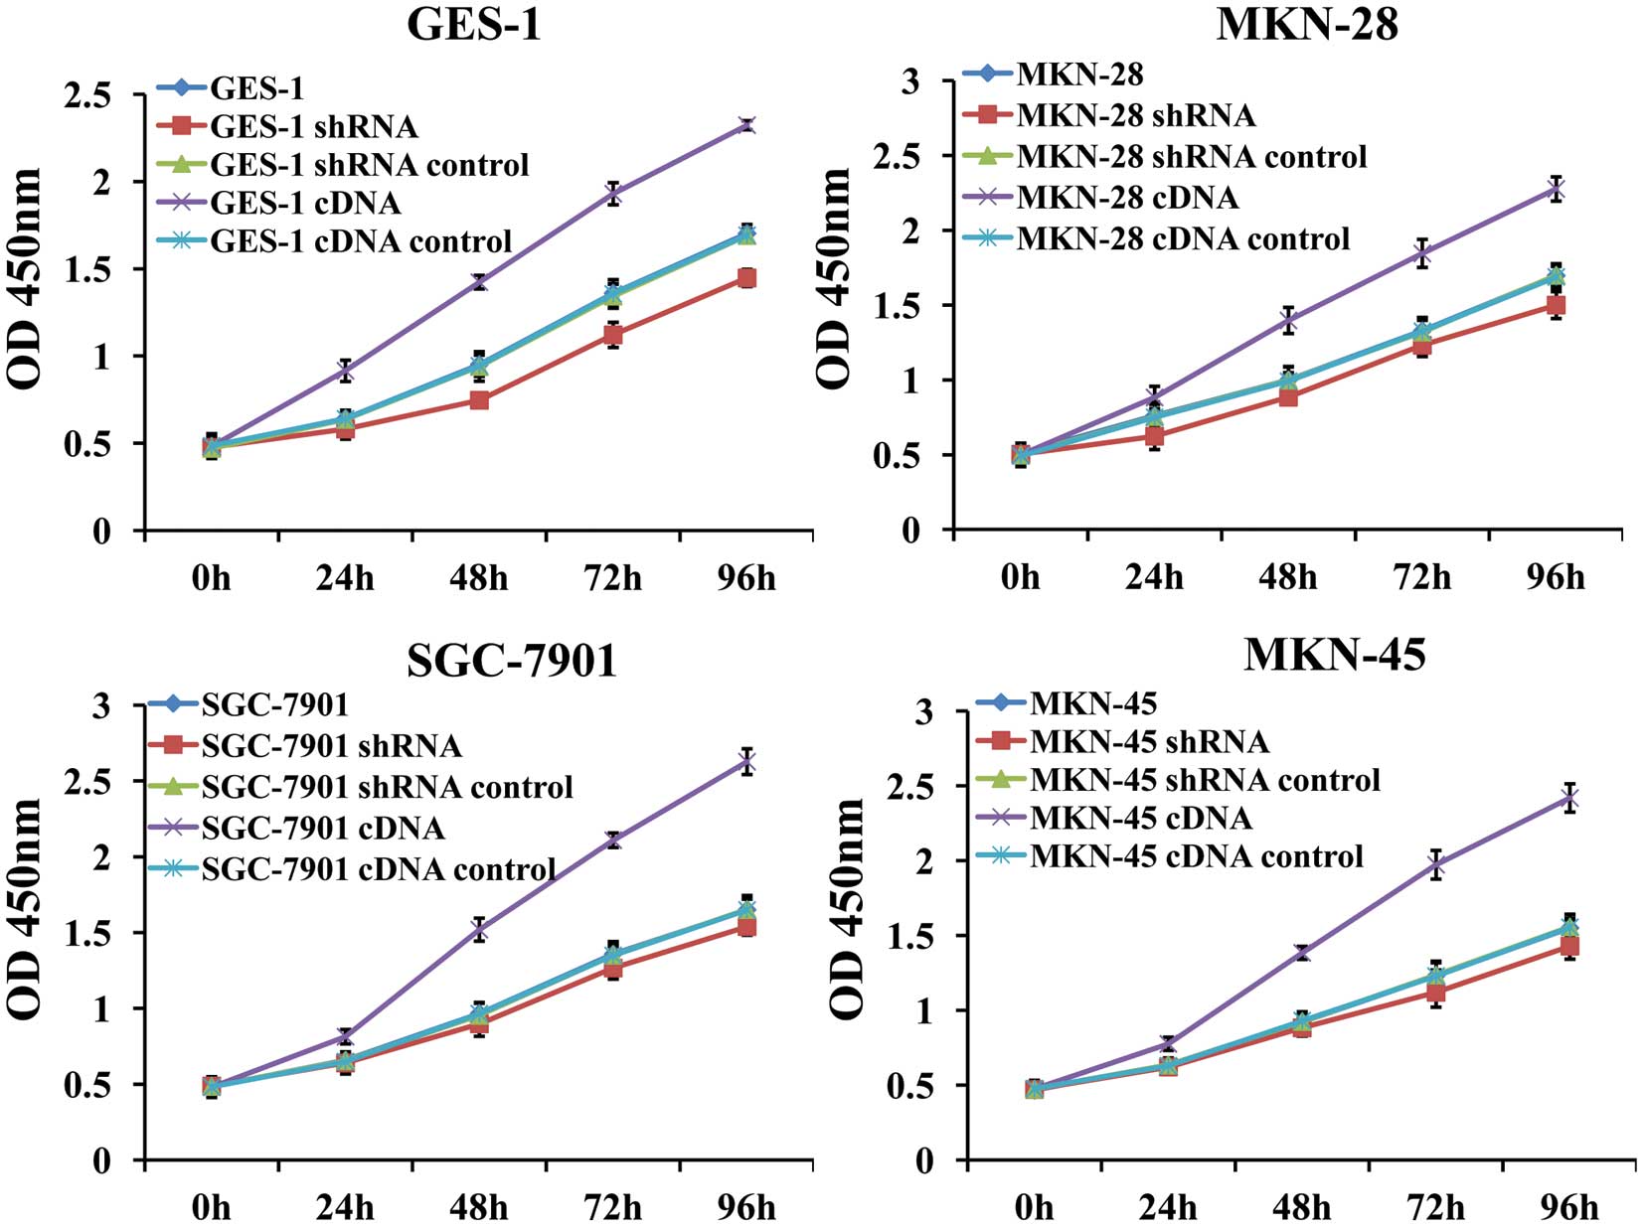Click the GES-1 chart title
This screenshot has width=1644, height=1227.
click(x=474, y=24)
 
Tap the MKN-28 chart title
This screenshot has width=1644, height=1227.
click(x=1306, y=24)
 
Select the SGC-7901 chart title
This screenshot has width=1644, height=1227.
click(x=512, y=660)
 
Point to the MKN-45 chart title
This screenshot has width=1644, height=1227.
click(x=1334, y=654)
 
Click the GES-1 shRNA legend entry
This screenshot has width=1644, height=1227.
click(x=313, y=127)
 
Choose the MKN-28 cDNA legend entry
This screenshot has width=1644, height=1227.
click(x=1127, y=198)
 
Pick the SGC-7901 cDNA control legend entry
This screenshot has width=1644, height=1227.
click(x=378, y=869)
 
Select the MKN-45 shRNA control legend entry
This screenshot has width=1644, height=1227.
click(x=1205, y=780)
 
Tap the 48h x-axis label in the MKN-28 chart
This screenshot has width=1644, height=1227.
click(x=1288, y=577)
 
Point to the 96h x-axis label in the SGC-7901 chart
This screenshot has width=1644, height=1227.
click(x=746, y=1207)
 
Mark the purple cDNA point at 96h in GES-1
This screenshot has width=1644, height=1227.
click(x=746, y=125)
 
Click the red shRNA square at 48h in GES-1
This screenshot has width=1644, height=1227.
click(x=479, y=400)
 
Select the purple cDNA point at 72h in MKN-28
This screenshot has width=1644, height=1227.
click(x=1422, y=253)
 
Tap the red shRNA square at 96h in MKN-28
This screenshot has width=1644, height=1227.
click(x=1556, y=306)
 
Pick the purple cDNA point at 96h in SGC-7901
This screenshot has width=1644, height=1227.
click(x=746, y=762)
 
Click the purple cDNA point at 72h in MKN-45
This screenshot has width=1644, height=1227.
click(x=1435, y=865)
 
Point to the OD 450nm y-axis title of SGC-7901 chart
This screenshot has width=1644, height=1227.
click(x=24, y=906)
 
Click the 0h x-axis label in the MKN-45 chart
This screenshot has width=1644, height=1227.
click(x=1034, y=1207)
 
